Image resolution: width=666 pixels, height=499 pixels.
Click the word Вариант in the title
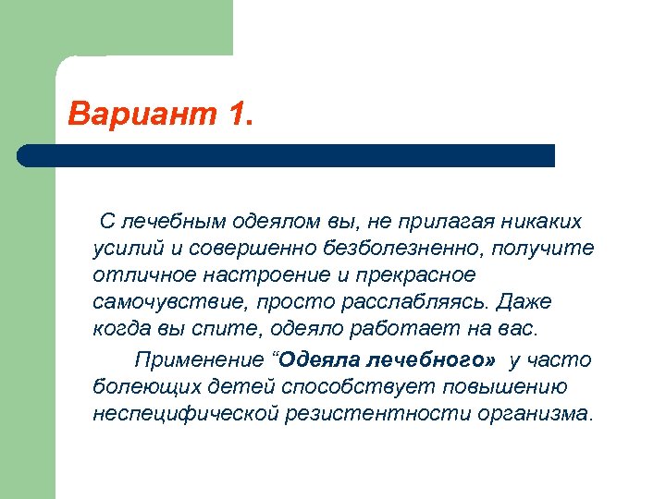pyautogui.click(x=140, y=116)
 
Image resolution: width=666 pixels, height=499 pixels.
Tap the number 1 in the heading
pyautogui.click(x=236, y=116)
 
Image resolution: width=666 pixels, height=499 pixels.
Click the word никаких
pyautogui.click(x=542, y=222)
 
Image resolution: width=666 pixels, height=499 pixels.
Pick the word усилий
pyautogui.click(x=124, y=249)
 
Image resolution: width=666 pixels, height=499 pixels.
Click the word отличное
pyautogui.click(x=139, y=275)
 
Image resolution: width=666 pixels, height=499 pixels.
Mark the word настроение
pyautogui.click(x=265, y=275)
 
